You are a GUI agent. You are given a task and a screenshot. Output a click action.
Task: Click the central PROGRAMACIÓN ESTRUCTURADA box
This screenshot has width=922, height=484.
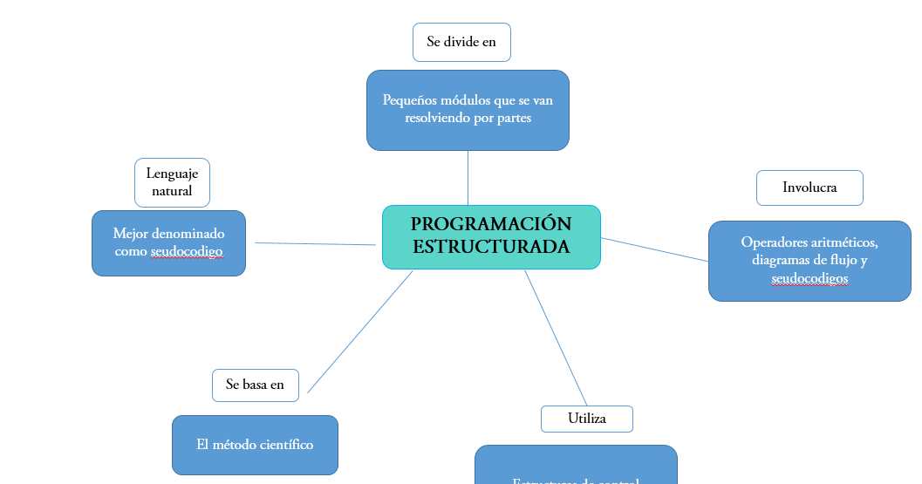[491, 236]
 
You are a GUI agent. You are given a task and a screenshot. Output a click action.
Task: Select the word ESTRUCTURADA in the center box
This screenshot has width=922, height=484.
[491, 247]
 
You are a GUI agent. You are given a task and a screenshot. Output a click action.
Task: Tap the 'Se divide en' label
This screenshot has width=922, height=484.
[461, 42]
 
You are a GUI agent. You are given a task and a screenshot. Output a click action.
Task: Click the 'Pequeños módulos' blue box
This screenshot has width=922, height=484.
[468, 110]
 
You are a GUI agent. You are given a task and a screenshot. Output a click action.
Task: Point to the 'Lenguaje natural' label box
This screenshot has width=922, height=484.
[172, 182]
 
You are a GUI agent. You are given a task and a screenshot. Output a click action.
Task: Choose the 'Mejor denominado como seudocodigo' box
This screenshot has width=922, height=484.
[168, 242]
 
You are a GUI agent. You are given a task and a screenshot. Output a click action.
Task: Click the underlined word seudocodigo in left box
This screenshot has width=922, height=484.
[186, 252]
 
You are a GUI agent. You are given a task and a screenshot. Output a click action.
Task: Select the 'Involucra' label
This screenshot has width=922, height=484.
[809, 187]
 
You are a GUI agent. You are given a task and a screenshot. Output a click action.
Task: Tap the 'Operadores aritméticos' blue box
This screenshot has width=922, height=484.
[809, 260]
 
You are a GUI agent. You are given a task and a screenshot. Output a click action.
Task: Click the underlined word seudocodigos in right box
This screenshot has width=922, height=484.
[809, 279]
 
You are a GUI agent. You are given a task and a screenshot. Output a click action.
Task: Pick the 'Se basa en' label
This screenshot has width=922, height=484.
[255, 385]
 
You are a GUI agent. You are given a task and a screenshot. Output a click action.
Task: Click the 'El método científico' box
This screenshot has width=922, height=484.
[255, 445]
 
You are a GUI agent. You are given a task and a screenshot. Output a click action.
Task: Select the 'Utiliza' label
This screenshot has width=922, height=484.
[586, 419]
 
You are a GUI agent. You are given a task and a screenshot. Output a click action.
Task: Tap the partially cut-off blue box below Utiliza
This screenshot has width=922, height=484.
[576, 467]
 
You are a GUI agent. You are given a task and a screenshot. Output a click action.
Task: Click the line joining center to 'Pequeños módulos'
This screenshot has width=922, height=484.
[468, 178]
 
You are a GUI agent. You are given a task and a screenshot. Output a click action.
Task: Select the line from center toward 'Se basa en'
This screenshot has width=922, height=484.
[359, 332]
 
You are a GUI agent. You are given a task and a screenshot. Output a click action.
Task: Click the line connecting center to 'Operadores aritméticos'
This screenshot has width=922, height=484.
[654, 249]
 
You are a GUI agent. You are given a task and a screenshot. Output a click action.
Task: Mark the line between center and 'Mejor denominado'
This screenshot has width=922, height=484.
[314, 244]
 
